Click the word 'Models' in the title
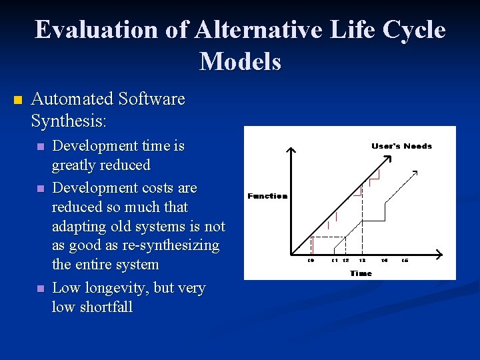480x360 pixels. pyautogui.click(x=240, y=61)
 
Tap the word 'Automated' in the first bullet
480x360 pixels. pyautogui.click(x=72, y=99)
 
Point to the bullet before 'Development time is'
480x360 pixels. pyautogui.click(x=41, y=147)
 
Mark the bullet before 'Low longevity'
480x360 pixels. pyautogui.click(x=41, y=289)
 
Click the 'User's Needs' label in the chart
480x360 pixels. pyautogui.click(x=401, y=146)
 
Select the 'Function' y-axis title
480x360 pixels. pyautogui.click(x=267, y=196)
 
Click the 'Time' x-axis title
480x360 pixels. pyautogui.click(x=361, y=273)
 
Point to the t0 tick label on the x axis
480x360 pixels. pyautogui.click(x=311, y=260)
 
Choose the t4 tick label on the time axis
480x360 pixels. pyautogui.click(x=385, y=260)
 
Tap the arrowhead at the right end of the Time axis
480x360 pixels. pyautogui.click(x=438, y=253)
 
